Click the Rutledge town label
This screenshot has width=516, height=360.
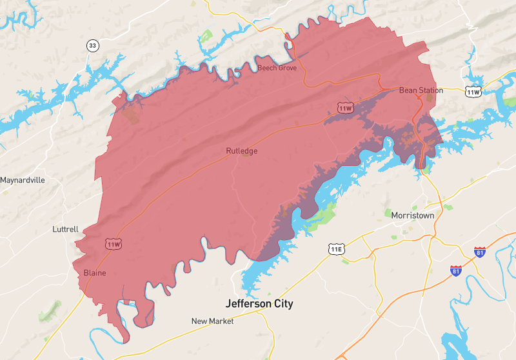pyautogui.click(x=241, y=151)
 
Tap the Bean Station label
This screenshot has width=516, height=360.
pyautogui.click(x=421, y=90)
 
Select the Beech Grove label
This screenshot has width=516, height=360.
pyautogui.click(x=277, y=68)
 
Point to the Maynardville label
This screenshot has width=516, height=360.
pyautogui.click(x=23, y=180)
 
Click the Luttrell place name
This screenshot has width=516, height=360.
pyautogui.click(x=65, y=229)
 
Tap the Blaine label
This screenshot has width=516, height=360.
pyautogui.click(x=95, y=273)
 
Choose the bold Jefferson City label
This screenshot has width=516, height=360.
pyautogui.click(x=259, y=303)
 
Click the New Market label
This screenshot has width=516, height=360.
pyautogui.click(x=212, y=321)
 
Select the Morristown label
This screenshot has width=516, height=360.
pyautogui.click(x=413, y=215)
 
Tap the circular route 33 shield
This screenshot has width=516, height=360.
pyautogui.click(x=94, y=45)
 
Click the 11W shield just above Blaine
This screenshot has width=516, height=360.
pyautogui.click(x=114, y=244)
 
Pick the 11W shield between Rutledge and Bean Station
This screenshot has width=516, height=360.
pyautogui.click(x=346, y=108)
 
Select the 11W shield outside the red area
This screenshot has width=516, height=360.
pyautogui.click(x=473, y=92)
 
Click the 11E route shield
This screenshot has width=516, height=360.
pyautogui.click(x=336, y=249)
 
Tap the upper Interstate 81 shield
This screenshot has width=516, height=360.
pyautogui.click(x=479, y=252)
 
